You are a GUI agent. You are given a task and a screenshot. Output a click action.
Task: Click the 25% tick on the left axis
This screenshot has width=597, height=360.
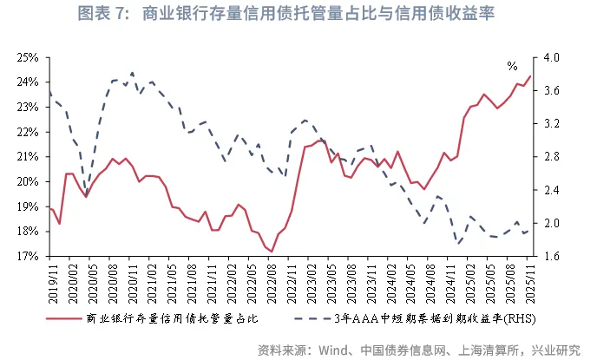point(27,57)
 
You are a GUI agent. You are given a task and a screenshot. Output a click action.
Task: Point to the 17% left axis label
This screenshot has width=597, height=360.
point(27,257)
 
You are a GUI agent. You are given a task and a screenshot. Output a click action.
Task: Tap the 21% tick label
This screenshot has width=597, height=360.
point(27,157)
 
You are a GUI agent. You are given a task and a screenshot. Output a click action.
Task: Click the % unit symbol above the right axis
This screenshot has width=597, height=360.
point(513,66)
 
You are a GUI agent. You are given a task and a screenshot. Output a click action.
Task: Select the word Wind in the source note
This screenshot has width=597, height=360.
point(340,350)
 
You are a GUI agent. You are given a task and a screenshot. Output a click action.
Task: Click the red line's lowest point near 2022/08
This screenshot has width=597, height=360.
point(272,252)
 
